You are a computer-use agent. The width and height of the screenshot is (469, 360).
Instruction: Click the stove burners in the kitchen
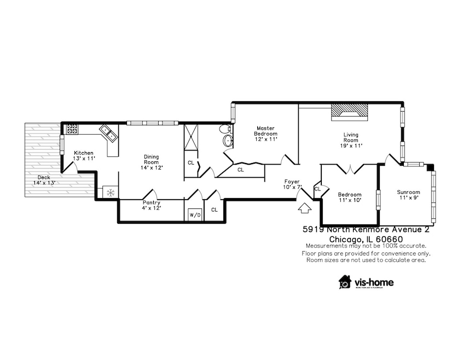coord(72,129)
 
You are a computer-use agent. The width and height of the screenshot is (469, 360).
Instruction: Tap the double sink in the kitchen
coord(108,133)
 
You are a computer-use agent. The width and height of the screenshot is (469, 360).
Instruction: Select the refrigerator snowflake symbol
coord(111,193)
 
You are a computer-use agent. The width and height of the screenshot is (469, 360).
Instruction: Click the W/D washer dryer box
coord(195,215)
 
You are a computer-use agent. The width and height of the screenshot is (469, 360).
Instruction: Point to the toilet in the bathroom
coord(225,129)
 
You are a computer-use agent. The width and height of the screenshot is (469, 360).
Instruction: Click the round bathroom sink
coord(228,141)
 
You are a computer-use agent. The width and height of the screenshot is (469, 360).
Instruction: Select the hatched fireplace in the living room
coord(349,112)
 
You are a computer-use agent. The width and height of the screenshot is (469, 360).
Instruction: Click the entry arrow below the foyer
coord(304,208)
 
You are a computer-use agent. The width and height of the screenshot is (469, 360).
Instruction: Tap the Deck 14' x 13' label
coord(44,179)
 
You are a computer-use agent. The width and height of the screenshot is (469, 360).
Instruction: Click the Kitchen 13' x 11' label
coord(84,156)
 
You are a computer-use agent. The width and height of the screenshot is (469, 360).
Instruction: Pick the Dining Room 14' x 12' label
coord(152,162)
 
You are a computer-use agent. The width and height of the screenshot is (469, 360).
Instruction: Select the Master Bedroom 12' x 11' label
coord(265,133)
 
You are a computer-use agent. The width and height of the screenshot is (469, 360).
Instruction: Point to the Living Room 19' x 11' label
coord(351,140)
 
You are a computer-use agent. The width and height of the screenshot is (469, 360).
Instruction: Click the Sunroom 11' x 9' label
coord(408,195)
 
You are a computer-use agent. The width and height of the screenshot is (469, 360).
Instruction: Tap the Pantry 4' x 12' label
coord(152,205)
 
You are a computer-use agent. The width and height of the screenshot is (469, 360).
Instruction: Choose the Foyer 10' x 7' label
coord(292,184)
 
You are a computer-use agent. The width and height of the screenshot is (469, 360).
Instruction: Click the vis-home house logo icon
coord(345,282)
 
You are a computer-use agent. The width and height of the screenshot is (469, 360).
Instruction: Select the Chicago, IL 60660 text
coord(366,240)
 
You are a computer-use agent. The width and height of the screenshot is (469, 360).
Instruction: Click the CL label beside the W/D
coord(214,210)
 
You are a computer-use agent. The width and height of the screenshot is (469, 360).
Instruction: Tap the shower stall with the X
coord(191,137)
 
